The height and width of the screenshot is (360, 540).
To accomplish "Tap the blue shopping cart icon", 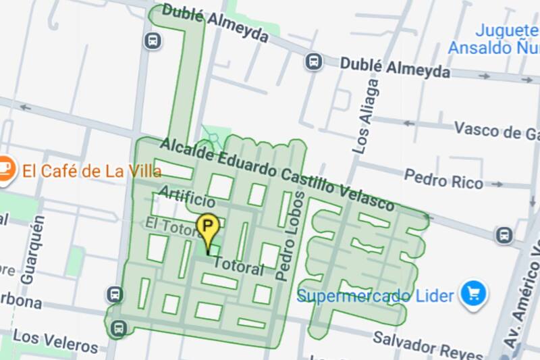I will coord(474,294).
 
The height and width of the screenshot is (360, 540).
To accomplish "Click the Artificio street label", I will coord(187,199).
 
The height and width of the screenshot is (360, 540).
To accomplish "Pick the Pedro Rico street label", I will coord(443,179).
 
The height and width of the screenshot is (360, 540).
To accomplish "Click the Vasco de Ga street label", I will coord(496,130).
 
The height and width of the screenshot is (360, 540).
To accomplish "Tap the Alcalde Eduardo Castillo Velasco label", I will coord(277,173).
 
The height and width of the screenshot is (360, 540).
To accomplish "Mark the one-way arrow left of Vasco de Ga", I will coord(408,124).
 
